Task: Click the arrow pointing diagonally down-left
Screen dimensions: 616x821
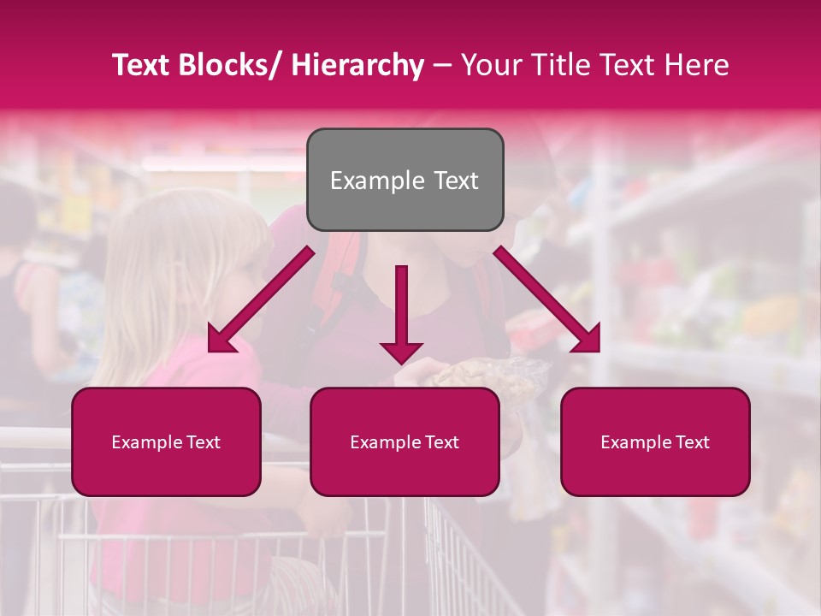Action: pos(261,299)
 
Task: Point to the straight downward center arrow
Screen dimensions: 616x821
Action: pos(401,312)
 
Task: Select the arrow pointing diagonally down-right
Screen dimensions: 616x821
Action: pos(547,299)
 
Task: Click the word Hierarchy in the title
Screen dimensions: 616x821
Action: pos(357,66)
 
